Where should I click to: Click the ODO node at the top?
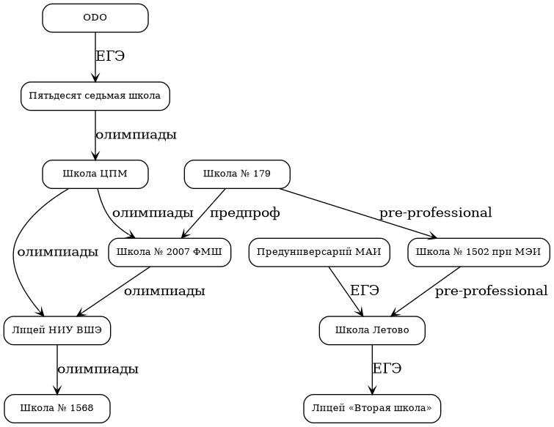click(x=95, y=18)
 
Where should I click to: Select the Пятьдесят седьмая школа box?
click(x=95, y=96)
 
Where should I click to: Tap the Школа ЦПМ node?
click(x=95, y=174)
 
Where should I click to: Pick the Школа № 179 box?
click(x=236, y=174)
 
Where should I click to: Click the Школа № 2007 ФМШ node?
click(x=170, y=253)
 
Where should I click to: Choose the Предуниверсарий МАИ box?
click(x=320, y=253)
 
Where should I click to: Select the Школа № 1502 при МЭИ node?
click(x=478, y=253)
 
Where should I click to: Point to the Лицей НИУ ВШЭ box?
click(x=57, y=331)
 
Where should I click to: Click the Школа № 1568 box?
click(x=57, y=408)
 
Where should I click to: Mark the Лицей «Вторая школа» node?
click(x=372, y=408)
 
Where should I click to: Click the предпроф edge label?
click(x=245, y=213)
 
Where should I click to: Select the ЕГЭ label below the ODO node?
click(x=110, y=56)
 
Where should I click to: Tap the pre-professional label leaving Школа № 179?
click(x=435, y=213)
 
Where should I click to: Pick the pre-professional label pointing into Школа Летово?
click(x=491, y=292)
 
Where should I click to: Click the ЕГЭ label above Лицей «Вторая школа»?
click(x=387, y=368)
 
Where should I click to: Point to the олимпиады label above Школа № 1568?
click(x=98, y=369)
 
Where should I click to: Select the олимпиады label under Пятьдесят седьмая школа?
click(x=136, y=135)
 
